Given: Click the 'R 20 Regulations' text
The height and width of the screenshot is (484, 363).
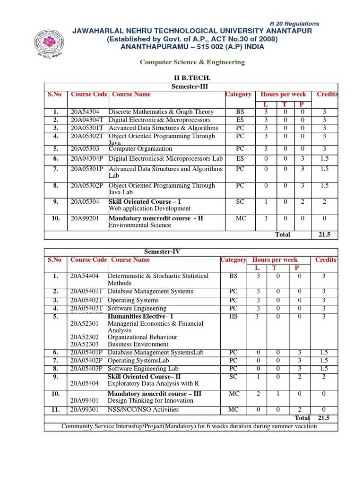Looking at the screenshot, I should (x=294, y=24).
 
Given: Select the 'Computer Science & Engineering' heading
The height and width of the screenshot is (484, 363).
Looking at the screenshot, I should (x=191, y=62).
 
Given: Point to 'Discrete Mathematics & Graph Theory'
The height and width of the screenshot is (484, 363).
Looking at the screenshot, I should (x=161, y=112).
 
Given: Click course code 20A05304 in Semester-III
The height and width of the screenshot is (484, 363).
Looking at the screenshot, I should (x=85, y=201).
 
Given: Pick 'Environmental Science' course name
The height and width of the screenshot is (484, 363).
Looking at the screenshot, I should (x=140, y=225).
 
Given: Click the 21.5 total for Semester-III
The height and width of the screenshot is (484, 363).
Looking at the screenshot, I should (x=324, y=234).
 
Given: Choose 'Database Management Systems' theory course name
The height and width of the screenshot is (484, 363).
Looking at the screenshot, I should (x=150, y=291).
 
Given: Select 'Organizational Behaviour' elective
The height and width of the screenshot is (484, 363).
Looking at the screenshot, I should (x=142, y=337).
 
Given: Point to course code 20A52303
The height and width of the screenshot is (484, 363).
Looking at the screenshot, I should (x=84, y=344).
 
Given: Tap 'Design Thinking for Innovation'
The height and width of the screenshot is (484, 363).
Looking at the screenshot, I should (x=150, y=400).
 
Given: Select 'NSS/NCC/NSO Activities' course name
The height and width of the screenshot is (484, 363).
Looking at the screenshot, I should (x=143, y=409).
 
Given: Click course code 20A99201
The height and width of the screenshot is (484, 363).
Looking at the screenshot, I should (x=85, y=219).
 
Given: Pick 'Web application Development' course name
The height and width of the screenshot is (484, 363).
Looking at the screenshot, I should (x=149, y=208).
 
